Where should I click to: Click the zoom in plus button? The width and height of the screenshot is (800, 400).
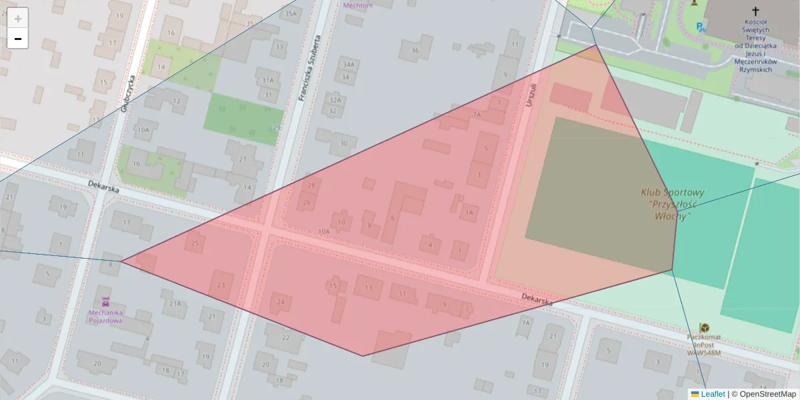[18, 19]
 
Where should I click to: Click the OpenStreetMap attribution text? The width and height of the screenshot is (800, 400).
[767, 394]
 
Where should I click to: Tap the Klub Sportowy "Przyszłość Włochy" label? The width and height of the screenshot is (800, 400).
[672, 204]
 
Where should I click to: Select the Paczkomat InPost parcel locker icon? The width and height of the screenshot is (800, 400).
[704, 327]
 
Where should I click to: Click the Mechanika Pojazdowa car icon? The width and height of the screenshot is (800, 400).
[105, 302]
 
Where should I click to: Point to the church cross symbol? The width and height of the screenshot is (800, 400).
[755, 11]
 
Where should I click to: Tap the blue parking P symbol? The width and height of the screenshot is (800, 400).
[699, 27]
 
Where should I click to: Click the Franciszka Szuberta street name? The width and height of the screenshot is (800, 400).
[310, 68]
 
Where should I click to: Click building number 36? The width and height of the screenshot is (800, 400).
[415, 51]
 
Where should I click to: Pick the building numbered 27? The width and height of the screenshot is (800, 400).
[243, 159]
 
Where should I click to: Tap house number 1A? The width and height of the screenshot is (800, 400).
[469, 213]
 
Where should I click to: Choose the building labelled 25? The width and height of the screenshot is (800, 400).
[195, 243]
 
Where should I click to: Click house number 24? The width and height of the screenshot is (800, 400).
[281, 302]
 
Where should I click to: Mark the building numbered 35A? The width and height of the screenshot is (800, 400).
[290, 13]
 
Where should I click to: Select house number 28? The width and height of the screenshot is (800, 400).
[311, 185]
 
